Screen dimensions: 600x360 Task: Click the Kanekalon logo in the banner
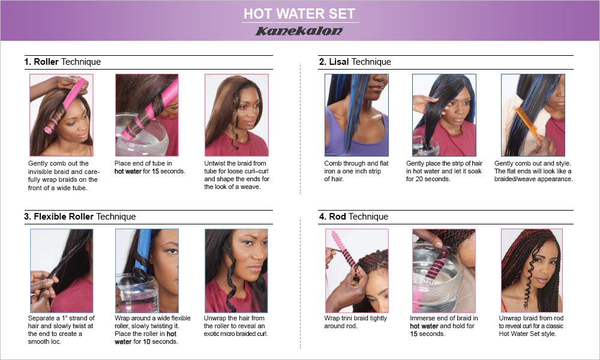pos(299,31)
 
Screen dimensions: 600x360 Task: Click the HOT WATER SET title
pos(299,14)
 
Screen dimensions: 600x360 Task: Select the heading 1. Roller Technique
pos(62,62)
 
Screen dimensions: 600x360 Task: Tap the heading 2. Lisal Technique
pos(355,62)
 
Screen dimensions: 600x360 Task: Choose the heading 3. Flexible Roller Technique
pos(80,217)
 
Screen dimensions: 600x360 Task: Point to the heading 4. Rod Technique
pos(353,217)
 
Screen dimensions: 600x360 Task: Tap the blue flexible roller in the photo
pos(144,249)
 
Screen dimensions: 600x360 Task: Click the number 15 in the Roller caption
pos(155,172)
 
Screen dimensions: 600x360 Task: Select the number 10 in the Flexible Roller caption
pos(146,341)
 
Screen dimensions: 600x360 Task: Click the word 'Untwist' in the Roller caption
pos(216,163)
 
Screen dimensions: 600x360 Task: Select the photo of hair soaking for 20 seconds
pos(444,115)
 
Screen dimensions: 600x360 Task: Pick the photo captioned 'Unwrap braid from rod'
pos(532,271)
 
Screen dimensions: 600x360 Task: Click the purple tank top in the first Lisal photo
pos(356,132)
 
